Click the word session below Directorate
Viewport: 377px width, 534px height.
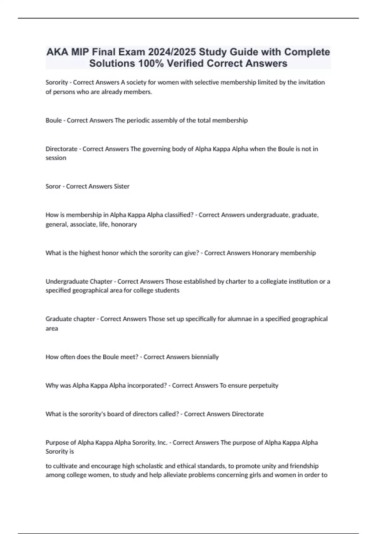click(56, 158)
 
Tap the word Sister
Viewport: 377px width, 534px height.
click(121, 186)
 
